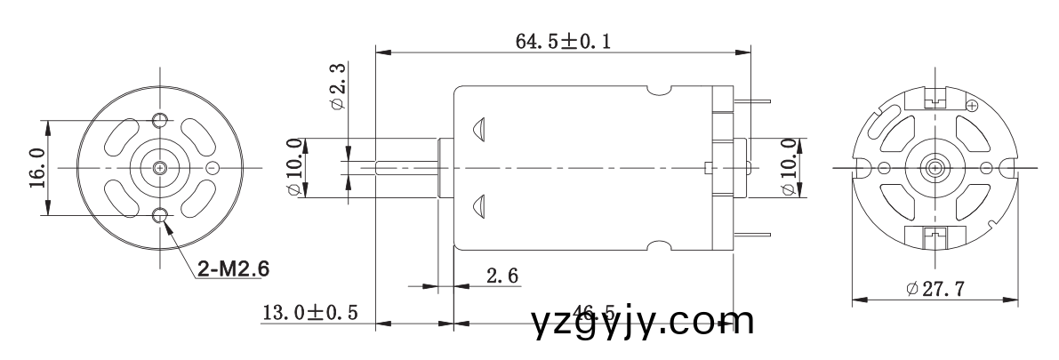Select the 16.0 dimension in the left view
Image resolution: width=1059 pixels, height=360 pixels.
[36, 167]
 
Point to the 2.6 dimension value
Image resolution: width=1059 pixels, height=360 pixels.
[502, 276]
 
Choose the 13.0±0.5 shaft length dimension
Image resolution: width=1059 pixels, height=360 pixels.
[309, 312]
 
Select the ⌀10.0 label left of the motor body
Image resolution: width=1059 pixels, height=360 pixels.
[293, 167]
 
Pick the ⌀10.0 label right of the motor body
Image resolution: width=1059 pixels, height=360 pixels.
[788, 167]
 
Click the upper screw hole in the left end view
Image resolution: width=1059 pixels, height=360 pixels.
[160, 120]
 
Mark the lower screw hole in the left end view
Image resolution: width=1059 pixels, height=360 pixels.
[160, 214]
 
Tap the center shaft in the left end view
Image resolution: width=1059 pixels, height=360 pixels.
[160, 167]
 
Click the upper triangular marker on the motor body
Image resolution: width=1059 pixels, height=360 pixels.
[479, 128]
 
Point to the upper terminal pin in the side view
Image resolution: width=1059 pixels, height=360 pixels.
[754, 100]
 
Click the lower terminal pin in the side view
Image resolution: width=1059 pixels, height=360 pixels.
[754, 235]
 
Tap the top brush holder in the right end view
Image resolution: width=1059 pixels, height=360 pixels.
[935, 99]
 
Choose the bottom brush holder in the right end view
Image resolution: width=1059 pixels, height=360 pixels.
[935, 236]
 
